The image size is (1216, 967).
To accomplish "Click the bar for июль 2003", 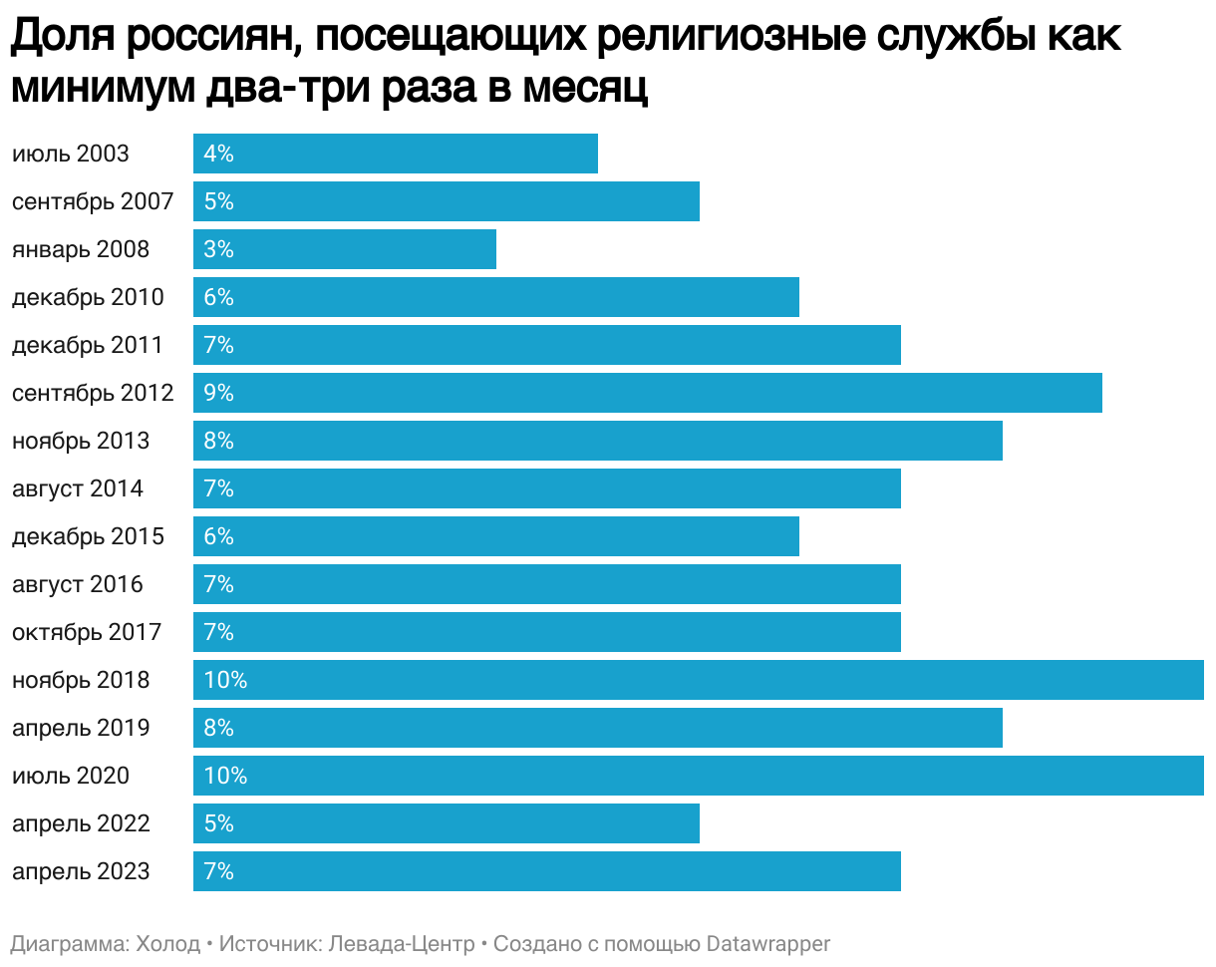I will [x=396, y=154].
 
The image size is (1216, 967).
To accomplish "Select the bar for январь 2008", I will [x=345, y=249].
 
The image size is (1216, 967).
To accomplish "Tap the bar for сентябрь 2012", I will [x=648, y=393].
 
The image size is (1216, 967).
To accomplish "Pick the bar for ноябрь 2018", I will [x=698, y=680].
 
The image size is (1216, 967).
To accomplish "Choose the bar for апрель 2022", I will [x=447, y=823].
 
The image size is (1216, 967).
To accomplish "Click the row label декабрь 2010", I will [x=88, y=297].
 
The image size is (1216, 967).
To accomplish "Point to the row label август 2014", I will [x=78, y=488].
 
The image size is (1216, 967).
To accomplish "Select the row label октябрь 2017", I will [x=88, y=632].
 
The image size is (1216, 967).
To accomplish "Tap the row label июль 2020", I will [x=71, y=776].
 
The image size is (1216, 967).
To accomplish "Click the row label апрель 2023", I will [x=81, y=871].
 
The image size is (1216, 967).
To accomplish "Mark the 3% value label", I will [x=218, y=249].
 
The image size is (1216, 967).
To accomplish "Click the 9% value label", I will [x=218, y=393].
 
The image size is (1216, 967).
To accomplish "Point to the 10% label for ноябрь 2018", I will [x=225, y=680].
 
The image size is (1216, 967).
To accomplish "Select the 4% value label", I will [x=218, y=154].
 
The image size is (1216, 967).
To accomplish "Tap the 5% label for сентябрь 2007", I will [x=218, y=201].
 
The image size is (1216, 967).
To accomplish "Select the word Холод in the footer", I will [x=167, y=943].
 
